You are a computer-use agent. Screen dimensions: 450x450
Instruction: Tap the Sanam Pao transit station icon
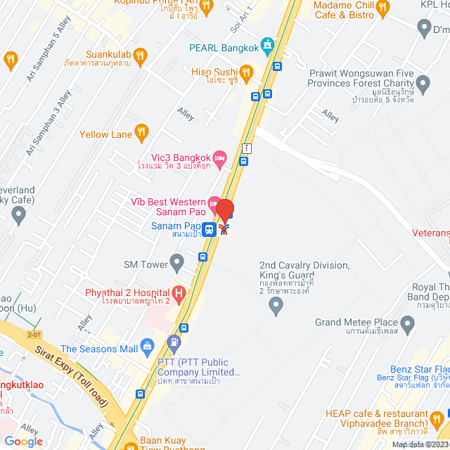(x=209, y=229)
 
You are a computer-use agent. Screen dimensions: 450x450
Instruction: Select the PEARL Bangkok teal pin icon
(x=267, y=47)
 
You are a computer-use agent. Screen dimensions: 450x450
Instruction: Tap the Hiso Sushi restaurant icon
(x=246, y=72)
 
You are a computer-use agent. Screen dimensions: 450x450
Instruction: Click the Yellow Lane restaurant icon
(x=141, y=131)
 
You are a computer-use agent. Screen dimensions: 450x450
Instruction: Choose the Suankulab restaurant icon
(x=140, y=54)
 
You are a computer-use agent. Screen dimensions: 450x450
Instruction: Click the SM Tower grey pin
(x=176, y=264)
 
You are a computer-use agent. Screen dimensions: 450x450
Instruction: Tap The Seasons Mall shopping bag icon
(x=146, y=347)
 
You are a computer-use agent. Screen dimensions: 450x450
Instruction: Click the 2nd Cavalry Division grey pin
(x=276, y=305)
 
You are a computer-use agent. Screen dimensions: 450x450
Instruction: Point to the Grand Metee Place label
(x=356, y=323)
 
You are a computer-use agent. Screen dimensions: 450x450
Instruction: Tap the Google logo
(x=23, y=441)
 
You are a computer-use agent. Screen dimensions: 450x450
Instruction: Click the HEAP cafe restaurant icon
(x=437, y=420)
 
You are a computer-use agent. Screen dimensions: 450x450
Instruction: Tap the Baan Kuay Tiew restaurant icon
(x=130, y=445)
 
